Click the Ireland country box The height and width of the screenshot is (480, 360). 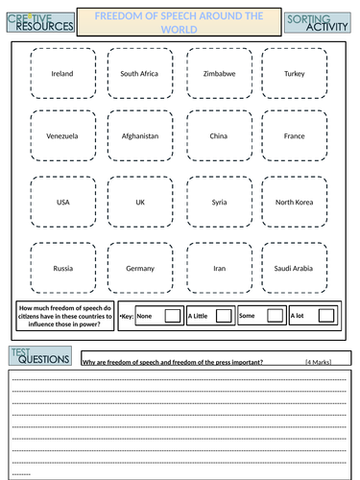pyautogui.click(x=61, y=73)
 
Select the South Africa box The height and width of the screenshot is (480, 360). pyautogui.click(x=139, y=73)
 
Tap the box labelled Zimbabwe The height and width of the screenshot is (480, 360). pyautogui.click(x=218, y=73)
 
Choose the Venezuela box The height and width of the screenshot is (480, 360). pyautogui.click(x=61, y=136)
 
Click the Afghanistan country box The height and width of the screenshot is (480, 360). pyautogui.click(x=139, y=136)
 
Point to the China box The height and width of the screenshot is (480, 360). pyautogui.click(x=218, y=136)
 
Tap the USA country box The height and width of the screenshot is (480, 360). pyautogui.click(x=61, y=203)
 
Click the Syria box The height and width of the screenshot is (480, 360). pyautogui.click(x=218, y=203)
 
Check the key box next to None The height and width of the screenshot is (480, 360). pyautogui.click(x=173, y=315)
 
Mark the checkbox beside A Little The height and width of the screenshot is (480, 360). pyautogui.click(x=224, y=315)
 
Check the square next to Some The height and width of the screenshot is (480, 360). pyautogui.click(x=275, y=315)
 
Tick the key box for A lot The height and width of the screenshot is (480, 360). pyautogui.click(x=326, y=315)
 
